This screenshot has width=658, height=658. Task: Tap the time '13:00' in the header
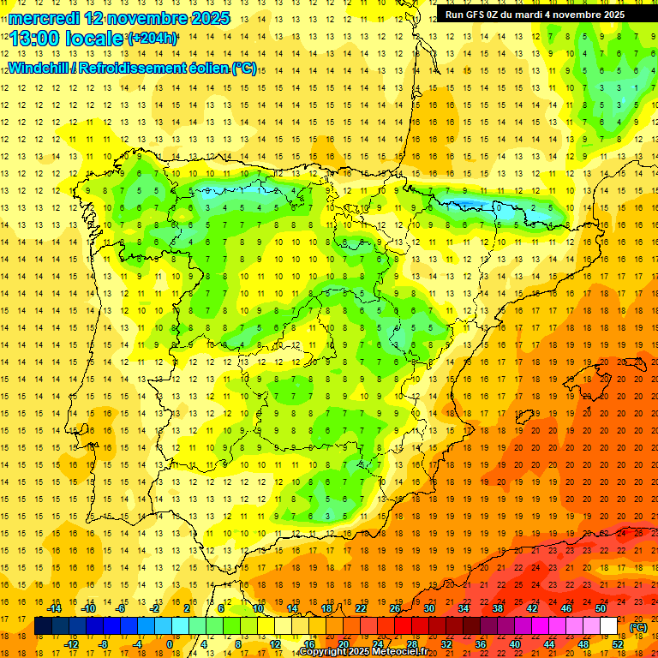(x=33, y=39)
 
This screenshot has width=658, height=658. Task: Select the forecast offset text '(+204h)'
(x=152, y=39)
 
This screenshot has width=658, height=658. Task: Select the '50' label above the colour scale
(x=601, y=608)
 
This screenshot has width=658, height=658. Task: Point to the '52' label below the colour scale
(x=618, y=643)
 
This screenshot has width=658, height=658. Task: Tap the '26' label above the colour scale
(x=395, y=608)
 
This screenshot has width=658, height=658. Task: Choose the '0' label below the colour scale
(x=169, y=643)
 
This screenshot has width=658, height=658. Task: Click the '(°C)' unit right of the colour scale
(x=638, y=627)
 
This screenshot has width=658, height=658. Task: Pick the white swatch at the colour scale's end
(x=608, y=626)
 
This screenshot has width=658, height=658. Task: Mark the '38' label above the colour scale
(x=498, y=608)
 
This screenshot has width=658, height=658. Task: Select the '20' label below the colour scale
(x=343, y=643)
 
